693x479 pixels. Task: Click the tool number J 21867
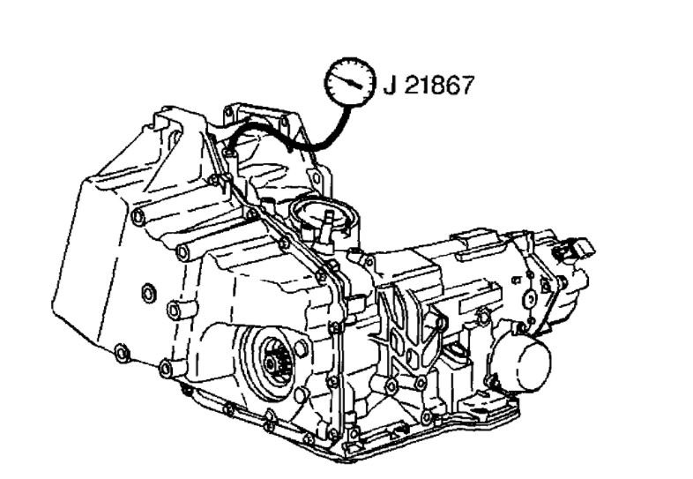tap(428, 86)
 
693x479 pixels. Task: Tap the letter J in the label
tap(390, 86)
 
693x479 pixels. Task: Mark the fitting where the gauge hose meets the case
tap(229, 153)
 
